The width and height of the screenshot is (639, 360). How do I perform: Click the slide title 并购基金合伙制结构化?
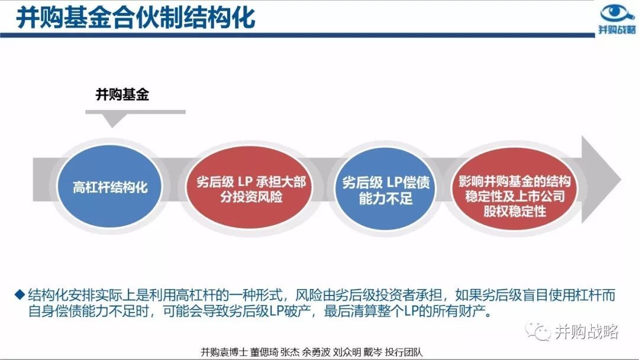(135, 18)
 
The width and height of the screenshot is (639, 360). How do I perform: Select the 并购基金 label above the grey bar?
(122, 95)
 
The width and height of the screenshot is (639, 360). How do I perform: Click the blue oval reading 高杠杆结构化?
(109, 187)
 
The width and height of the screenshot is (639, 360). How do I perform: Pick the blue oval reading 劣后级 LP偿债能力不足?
(385, 189)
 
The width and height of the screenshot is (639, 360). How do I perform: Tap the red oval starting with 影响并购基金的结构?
(514, 189)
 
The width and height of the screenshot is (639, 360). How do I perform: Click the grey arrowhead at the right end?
(601, 179)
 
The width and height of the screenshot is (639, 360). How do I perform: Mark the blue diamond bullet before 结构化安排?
(20, 294)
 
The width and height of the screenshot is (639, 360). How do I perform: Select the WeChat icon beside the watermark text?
(537, 331)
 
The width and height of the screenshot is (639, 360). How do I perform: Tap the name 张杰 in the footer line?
(290, 352)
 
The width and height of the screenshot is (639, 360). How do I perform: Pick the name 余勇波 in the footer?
(316, 352)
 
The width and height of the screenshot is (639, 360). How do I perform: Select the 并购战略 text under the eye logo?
(617, 30)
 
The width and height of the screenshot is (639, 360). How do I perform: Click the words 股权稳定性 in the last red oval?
(514, 211)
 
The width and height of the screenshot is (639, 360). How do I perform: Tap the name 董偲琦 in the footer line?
(264, 352)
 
